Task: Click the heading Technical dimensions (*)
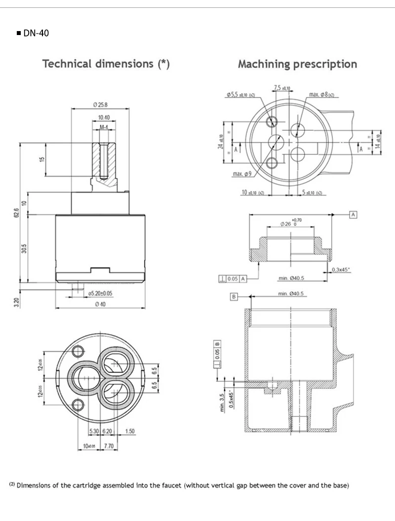[x=106, y=64]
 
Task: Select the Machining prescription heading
[x=297, y=64]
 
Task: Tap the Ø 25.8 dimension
[x=100, y=105]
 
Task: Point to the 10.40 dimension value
[x=104, y=117]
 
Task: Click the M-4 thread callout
[x=104, y=128]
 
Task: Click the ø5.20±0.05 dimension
[x=100, y=293]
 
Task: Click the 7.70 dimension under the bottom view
[x=110, y=446]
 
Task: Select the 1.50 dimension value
[x=130, y=431]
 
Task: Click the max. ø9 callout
[x=242, y=174]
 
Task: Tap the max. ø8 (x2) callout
[x=321, y=95]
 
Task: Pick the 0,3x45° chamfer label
[x=341, y=269]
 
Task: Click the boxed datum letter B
[x=234, y=297]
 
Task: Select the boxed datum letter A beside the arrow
[x=353, y=215]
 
